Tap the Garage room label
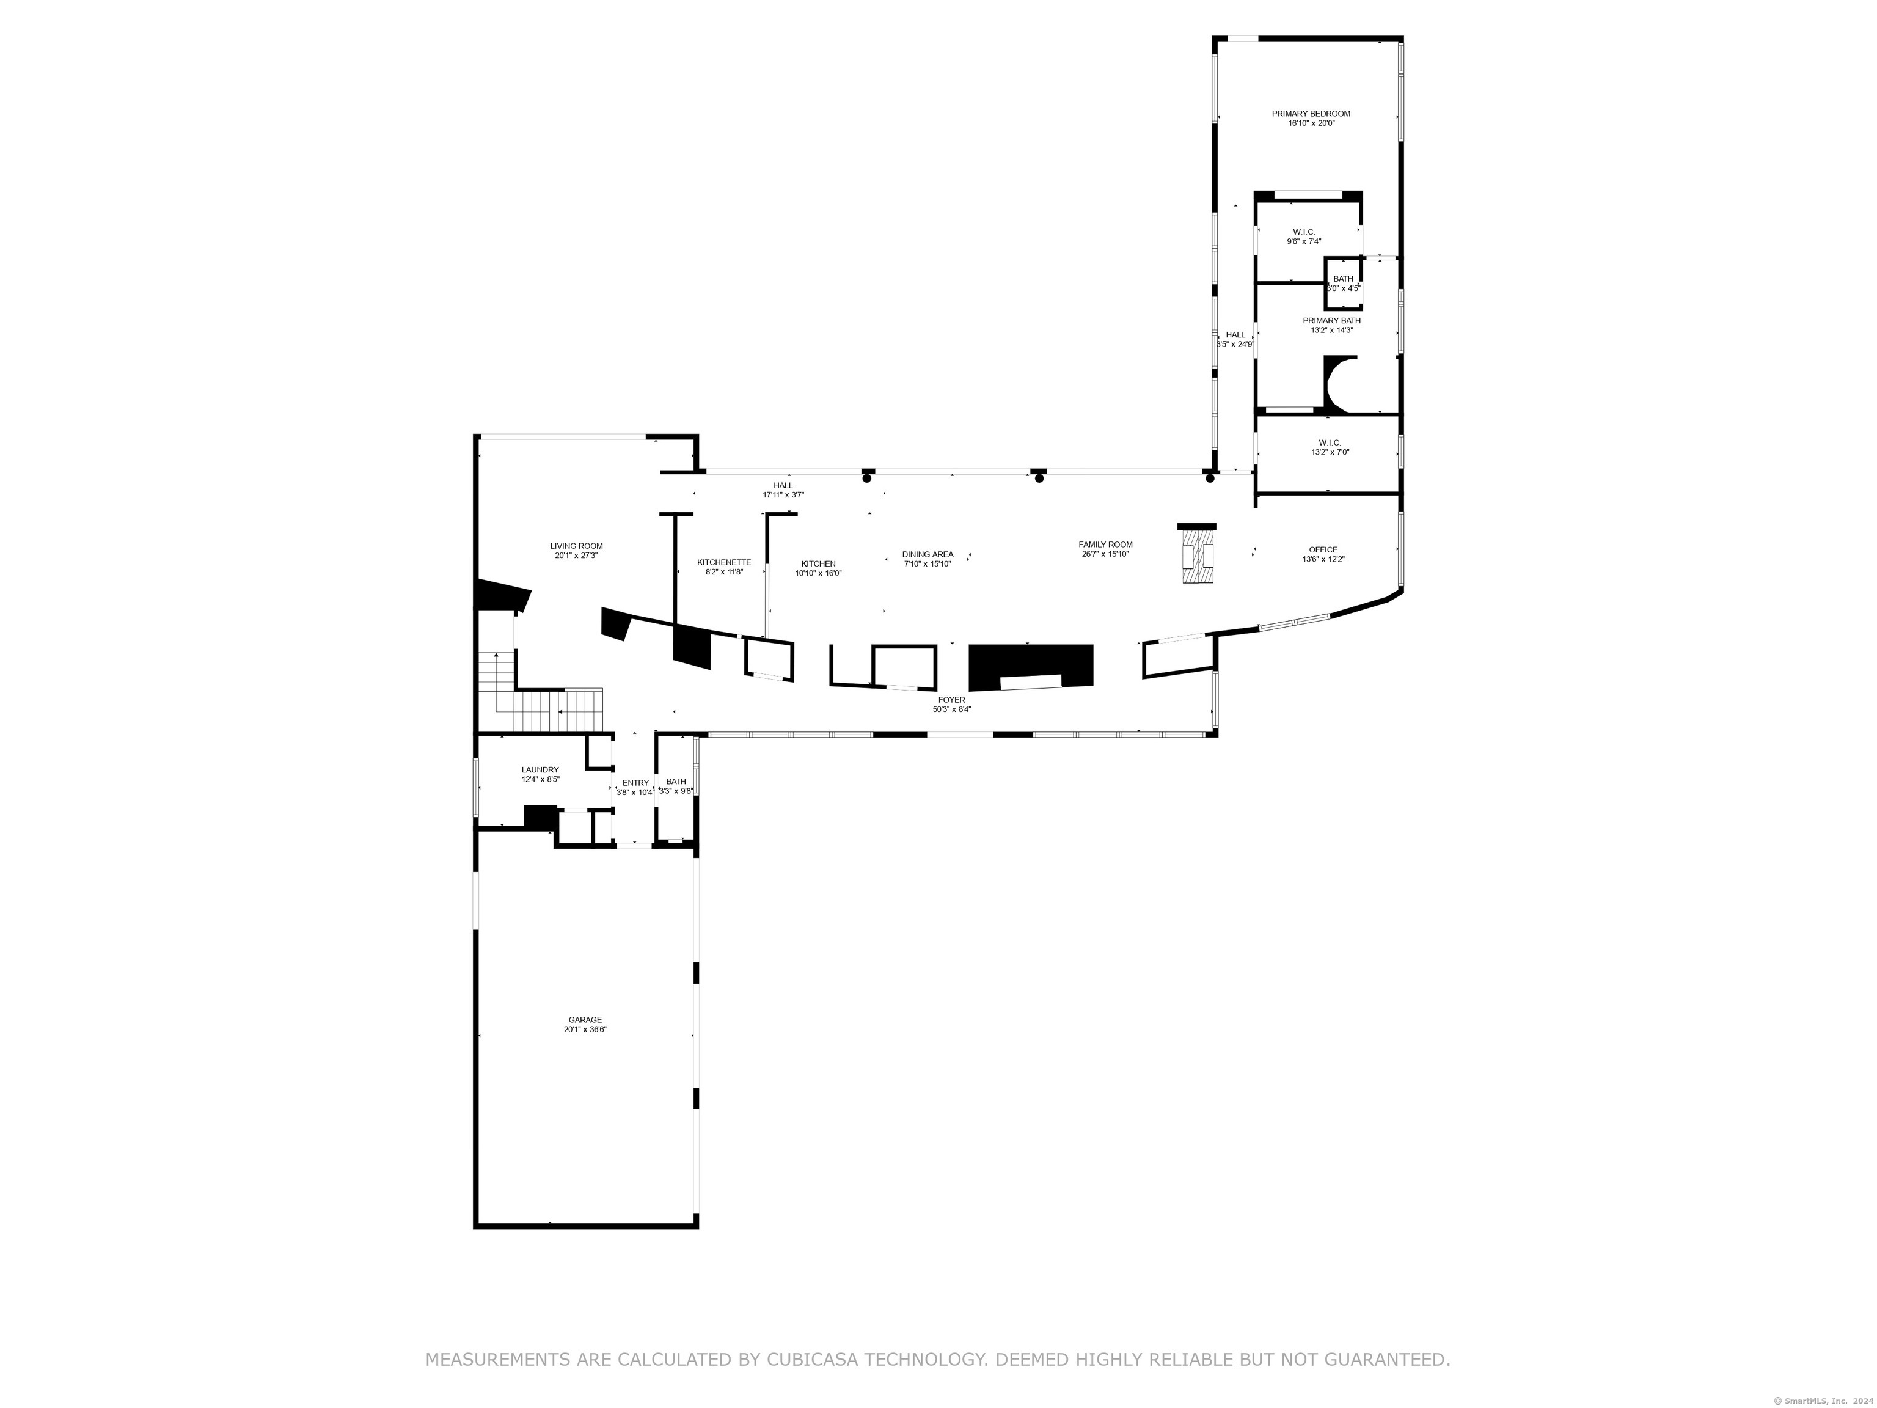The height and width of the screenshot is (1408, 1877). (585, 1020)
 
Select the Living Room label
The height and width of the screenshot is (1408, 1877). (576, 546)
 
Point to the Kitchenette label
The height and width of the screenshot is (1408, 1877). (724, 563)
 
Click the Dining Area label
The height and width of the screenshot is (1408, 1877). (928, 554)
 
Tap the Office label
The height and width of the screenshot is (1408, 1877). (1323, 550)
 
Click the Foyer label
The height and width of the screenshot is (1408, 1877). (951, 700)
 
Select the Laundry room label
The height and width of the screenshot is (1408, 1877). (540, 770)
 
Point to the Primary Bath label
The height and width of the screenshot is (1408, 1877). (1331, 321)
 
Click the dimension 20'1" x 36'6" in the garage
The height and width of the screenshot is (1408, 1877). (585, 1030)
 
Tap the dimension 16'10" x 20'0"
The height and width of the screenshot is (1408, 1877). (1311, 123)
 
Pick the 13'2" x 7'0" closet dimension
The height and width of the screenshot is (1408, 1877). (1330, 452)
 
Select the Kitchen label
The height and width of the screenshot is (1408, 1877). (818, 563)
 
